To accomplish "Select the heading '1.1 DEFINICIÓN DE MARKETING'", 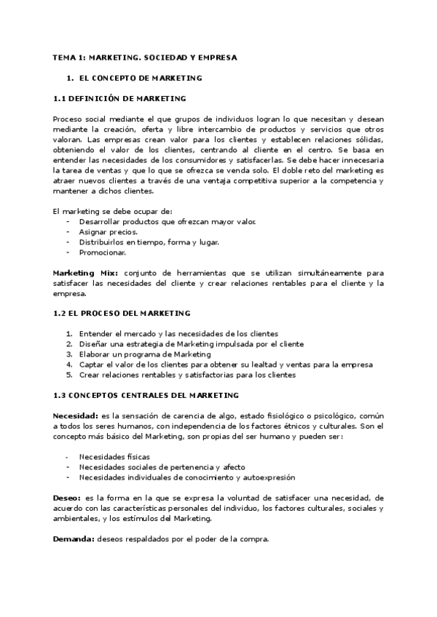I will [x=119, y=98].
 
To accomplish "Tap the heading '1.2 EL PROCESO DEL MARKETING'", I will [x=122, y=313].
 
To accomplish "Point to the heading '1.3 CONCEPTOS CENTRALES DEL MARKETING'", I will [x=146, y=395].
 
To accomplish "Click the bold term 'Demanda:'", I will [x=74, y=539].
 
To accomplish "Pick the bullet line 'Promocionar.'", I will [x=103, y=252].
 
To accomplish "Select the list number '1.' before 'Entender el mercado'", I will [x=69, y=334].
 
